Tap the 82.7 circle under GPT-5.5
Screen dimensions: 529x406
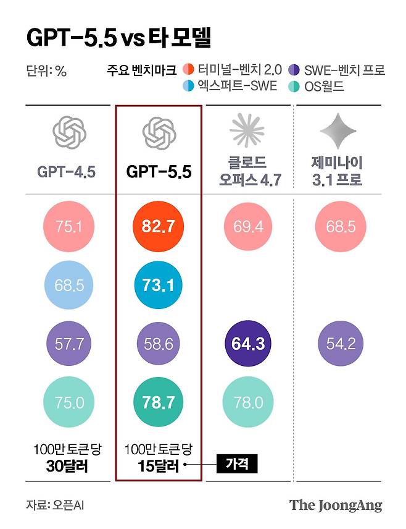(159, 226)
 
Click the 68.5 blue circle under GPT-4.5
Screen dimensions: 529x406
(68, 284)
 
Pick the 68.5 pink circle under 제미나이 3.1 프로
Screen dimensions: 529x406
(341, 226)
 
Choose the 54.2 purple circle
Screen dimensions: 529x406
(341, 342)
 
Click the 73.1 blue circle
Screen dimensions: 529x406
(159, 284)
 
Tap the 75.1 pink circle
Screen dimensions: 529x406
(68, 226)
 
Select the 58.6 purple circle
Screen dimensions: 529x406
(159, 342)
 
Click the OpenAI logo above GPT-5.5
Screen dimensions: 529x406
(159, 131)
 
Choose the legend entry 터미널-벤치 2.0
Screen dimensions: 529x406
(231, 70)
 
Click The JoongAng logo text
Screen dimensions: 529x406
(336, 504)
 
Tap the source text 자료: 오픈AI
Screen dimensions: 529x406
(55, 505)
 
